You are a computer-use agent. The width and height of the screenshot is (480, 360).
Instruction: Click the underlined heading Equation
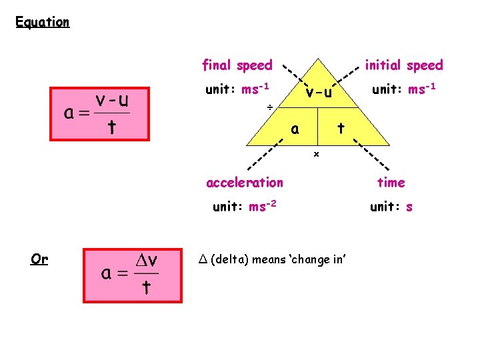click(43, 22)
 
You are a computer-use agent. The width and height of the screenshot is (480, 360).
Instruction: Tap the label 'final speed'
click(237, 65)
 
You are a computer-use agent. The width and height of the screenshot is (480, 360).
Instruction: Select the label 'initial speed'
click(403, 65)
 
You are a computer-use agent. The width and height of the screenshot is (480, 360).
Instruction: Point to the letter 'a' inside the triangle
click(294, 129)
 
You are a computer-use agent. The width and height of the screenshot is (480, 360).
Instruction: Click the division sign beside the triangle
click(269, 107)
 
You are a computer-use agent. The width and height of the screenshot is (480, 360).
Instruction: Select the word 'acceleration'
click(245, 182)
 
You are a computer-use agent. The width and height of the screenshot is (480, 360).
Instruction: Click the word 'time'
click(391, 182)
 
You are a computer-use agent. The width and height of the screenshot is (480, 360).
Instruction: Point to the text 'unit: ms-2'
click(242, 206)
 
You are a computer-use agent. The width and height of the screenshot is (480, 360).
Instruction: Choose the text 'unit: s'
click(391, 207)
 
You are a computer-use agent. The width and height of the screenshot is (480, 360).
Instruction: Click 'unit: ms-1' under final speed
click(237, 89)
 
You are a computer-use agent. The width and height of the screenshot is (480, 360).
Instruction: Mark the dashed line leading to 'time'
click(370, 155)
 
